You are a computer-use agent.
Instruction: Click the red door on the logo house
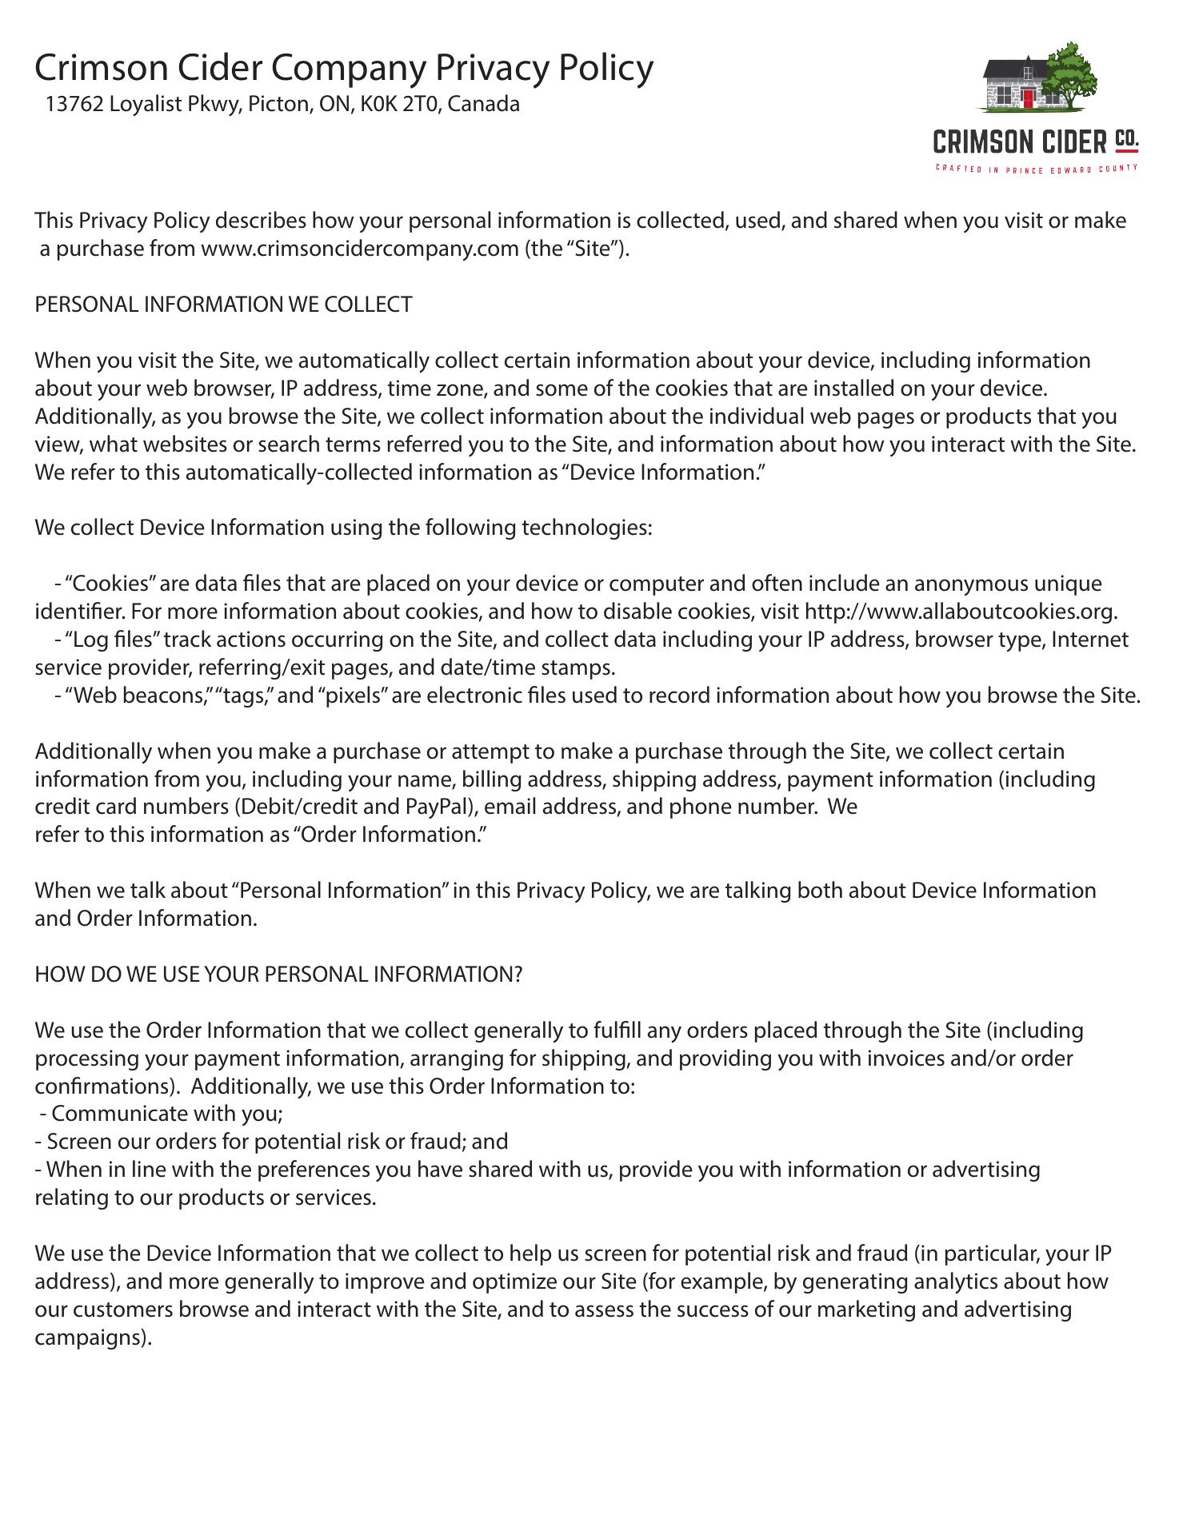coord(1028,98)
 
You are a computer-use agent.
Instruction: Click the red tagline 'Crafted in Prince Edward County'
coord(1037,169)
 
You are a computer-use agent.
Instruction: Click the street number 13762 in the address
coord(74,105)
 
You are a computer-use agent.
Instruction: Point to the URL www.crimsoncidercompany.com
coord(360,249)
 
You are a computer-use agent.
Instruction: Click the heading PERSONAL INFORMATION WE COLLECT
coord(223,305)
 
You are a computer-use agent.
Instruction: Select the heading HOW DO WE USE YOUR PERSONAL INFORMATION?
coord(278,975)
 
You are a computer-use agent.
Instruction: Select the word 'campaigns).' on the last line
coord(93,1338)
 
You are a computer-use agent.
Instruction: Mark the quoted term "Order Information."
coord(390,835)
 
